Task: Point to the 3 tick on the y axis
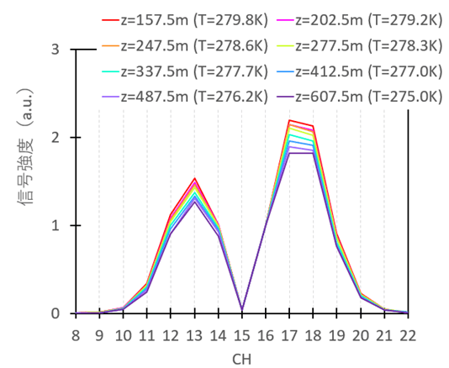[x=55, y=50]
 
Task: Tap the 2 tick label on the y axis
[x=55, y=138]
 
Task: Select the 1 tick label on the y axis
[x=55, y=225]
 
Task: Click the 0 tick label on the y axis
[x=55, y=313]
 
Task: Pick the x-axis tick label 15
[x=242, y=334]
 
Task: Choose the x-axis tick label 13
[x=195, y=334]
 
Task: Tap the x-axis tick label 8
[x=77, y=334]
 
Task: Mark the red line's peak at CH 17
[x=289, y=120]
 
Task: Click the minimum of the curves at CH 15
[x=242, y=309]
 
